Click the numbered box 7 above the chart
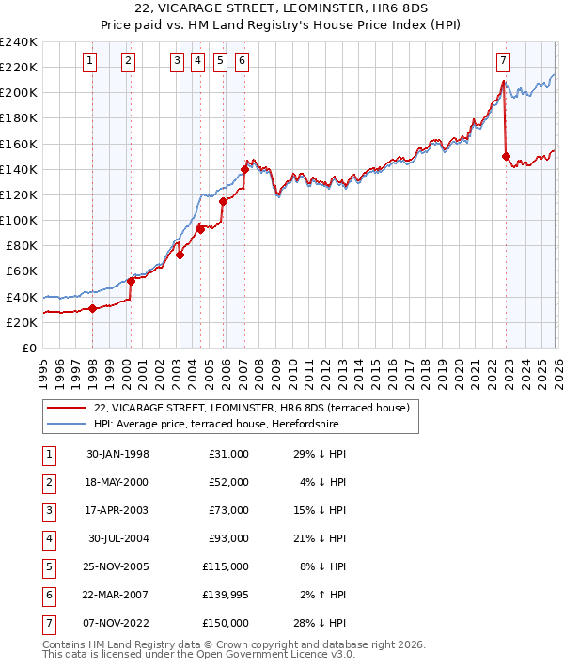coord(503,61)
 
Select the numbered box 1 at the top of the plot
coord(90,61)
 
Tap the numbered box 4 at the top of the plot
coord(197,61)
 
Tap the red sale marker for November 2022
coord(506,156)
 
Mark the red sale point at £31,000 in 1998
coord(93,308)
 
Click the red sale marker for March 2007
coord(244,169)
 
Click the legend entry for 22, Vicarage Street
coord(251,408)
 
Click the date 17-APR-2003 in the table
coord(117,509)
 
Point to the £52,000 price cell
coord(228,481)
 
